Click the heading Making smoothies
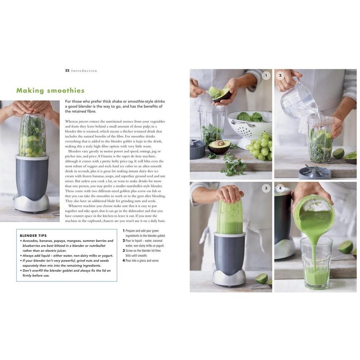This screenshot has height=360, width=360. (x=50, y=91)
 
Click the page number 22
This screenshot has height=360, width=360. (x=67, y=71)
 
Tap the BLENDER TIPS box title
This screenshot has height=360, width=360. (x=33, y=236)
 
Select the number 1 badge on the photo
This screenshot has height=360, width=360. (x=266, y=76)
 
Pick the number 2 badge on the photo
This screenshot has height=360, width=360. (x=280, y=76)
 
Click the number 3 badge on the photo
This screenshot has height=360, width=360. (x=266, y=188)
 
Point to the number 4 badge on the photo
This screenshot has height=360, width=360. (x=280, y=188)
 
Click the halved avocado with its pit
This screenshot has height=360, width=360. (x=219, y=146)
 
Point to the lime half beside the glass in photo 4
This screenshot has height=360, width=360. (x=345, y=247)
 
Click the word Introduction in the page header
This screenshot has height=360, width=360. (x=84, y=71)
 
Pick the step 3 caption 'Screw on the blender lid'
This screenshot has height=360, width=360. (x=143, y=251)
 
